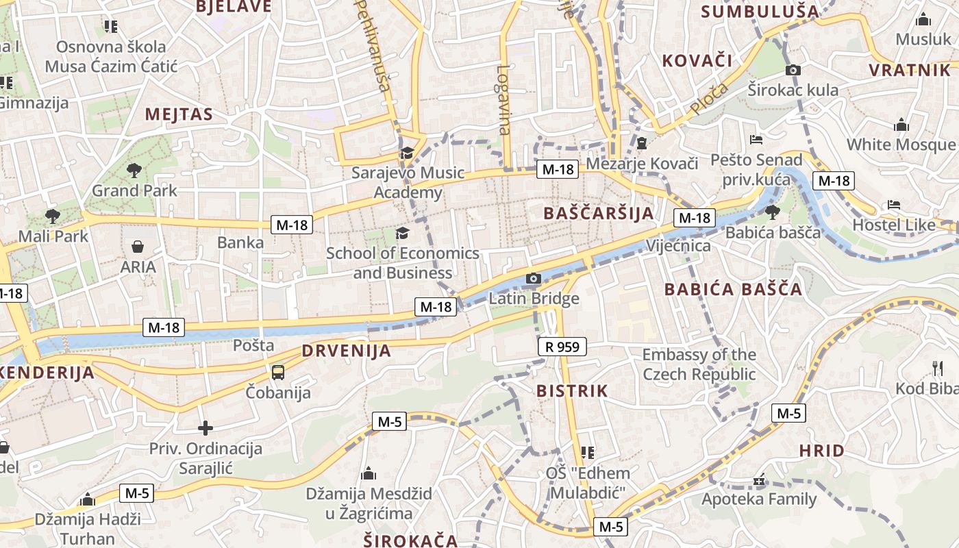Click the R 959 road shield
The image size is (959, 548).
coord(562,347)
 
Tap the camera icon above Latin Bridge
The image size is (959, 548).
coord(533,278)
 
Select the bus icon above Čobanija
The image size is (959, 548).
coord(277,373)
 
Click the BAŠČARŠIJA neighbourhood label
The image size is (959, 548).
coord(599,213)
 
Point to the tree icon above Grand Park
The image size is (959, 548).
coord(134,170)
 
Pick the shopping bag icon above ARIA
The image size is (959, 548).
coord(138,247)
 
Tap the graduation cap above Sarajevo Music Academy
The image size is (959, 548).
coord(408,153)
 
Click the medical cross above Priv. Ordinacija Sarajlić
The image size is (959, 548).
coord(205,429)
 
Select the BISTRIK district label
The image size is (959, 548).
coord(571,391)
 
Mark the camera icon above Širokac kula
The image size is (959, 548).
coord(793,70)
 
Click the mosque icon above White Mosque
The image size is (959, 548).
coord(901,125)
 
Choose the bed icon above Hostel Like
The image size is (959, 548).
coord(894,204)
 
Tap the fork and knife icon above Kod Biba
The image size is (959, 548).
coord(938,369)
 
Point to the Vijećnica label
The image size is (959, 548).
coord(678,245)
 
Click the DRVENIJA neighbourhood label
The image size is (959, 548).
coord(347,351)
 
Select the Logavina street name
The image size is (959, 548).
coord(505,99)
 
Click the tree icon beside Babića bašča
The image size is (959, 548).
coord(773,212)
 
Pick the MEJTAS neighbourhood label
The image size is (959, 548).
coord(179,114)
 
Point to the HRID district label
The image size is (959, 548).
coord(821,451)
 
